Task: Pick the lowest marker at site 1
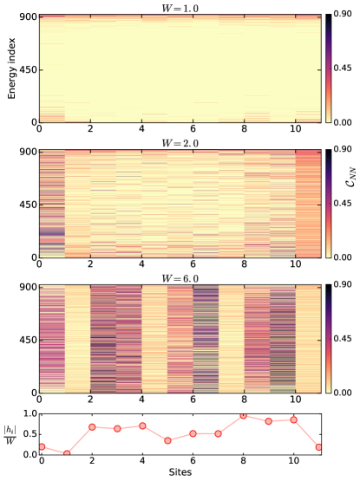(x=66, y=452)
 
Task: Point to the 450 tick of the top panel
(x=26, y=69)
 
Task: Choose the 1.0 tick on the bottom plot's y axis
(x=28, y=414)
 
